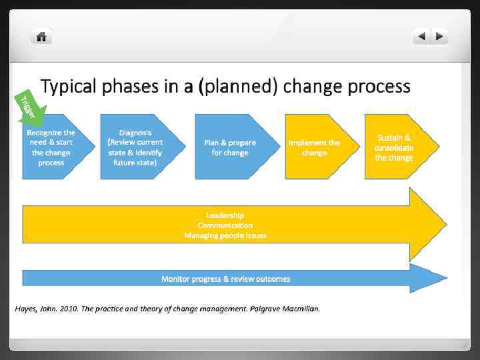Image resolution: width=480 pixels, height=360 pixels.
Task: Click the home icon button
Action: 41,37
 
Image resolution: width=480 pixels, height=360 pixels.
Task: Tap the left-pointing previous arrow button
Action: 421,37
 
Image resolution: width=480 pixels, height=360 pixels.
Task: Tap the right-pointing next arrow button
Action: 439,37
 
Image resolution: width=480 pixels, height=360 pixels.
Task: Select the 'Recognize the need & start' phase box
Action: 51,147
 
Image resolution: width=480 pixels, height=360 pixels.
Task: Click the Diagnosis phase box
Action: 135,147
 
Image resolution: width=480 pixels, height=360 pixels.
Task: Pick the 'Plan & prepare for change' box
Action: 230,147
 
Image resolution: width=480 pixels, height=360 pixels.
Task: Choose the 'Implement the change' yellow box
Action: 314,147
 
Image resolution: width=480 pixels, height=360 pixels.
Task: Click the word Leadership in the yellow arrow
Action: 225,215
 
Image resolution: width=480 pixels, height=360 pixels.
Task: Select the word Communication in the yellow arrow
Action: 225,225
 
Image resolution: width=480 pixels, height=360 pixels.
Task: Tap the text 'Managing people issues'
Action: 225,235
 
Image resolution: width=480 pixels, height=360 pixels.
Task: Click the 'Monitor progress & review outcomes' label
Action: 226,279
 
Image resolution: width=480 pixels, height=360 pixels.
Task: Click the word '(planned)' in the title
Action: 243,87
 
